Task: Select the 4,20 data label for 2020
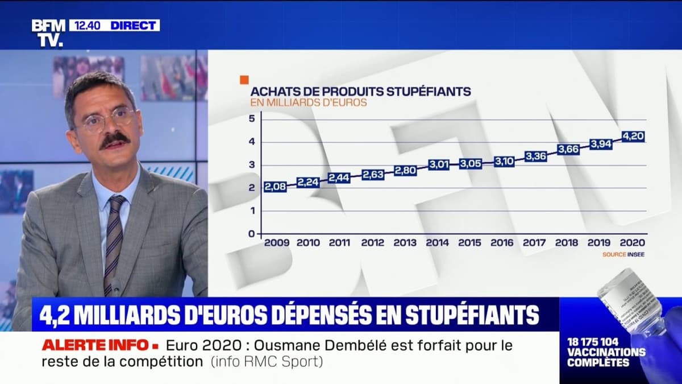click(x=633, y=137)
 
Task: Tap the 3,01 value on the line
click(x=438, y=166)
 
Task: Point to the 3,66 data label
click(x=568, y=150)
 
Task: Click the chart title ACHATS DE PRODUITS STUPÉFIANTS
click(x=361, y=91)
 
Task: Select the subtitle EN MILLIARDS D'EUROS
click(x=309, y=103)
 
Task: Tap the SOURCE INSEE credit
click(x=623, y=255)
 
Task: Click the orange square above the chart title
click(x=244, y=79)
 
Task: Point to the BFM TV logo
click(x=48, y=32)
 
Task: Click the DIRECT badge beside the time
click(x=134, y=26)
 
